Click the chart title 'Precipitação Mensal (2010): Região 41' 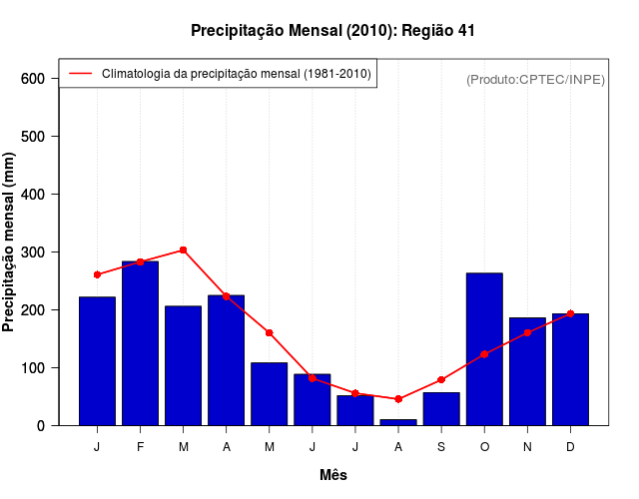tap(332, 31)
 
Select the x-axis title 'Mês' tap(333, 475)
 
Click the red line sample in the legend tap(80, 73)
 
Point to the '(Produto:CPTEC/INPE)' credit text tap(535, 79)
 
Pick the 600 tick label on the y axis tap(33, 79)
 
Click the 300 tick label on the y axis tap(33, 252)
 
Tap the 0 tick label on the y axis tap(41, 426)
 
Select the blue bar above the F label tap(140, 343)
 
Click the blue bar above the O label tap(484, 349)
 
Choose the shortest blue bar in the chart tap(398, 422)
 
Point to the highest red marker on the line tap(183, 250)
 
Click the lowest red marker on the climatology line tap(398, 399)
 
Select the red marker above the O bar tap(484, 354)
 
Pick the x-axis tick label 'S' tap(441, 447)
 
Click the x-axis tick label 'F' tap(140, 447)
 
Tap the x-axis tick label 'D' tap(570, 447)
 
